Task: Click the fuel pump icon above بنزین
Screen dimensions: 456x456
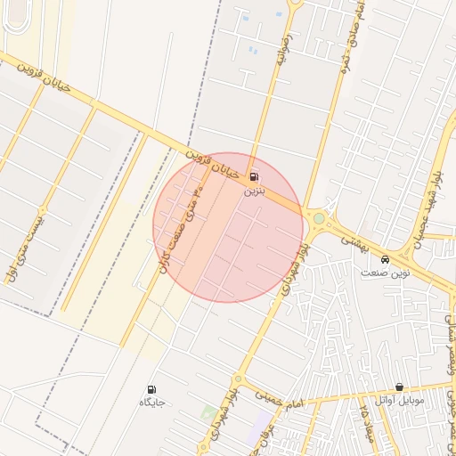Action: click(x=256, y=176)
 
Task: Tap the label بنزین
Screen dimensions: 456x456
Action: click(x=256, y=191)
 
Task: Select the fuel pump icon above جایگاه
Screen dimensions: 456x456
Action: click(x=151, y=389)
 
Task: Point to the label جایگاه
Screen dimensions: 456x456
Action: click(x=151, y=403)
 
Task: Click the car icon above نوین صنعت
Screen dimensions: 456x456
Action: click(x=384, y=259)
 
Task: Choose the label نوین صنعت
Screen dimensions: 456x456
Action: click(x=385, y=273)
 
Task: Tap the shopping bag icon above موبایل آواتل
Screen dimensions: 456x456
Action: click(x=399, y=387)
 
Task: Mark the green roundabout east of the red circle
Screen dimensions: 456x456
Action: click(x=318, y=217)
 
